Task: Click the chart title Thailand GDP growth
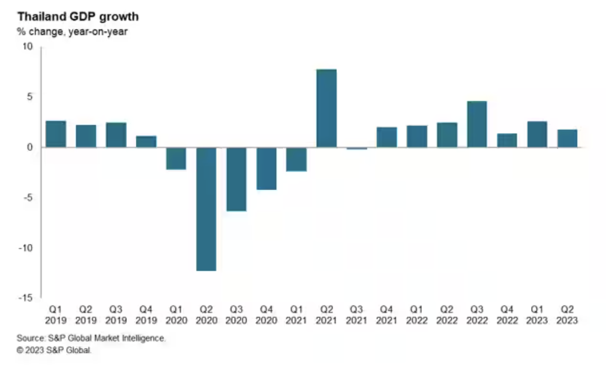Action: coord(78,17)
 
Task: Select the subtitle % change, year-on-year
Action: coord(72,32)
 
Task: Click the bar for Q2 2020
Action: coord(206,209)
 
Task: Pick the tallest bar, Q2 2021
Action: coord(327,108)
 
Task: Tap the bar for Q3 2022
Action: coord(477,124)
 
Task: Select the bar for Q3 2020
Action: coord(236,179)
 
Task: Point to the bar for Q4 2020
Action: coord(266,168)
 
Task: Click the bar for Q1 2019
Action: coord(56,134)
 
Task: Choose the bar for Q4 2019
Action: coord(146,142)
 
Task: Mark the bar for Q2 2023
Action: coord(567,138)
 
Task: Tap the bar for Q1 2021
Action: coord(297,159)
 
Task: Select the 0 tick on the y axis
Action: coord(30,147)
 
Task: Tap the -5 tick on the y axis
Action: coord(28,198)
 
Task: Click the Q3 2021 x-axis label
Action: coord(357,315)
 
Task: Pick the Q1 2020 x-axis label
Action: coord(176,315)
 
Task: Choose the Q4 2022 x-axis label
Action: coord(507,315)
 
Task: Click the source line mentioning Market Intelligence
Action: coord(91,338)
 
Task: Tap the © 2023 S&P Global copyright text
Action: coord(55,350)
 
